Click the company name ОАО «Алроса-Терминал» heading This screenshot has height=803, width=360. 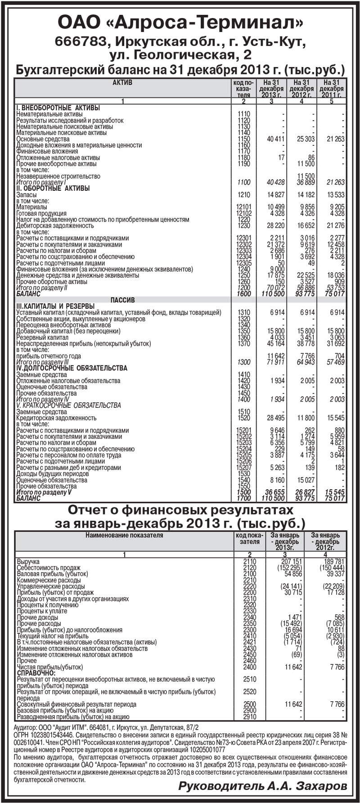[x=180, y=22]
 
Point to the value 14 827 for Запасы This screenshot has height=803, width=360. [x=276, y=195]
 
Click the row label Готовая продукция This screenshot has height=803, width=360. [x=41, y=213]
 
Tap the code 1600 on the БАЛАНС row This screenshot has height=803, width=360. [x=243, y=294]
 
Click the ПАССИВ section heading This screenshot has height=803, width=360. [x=122, y=300]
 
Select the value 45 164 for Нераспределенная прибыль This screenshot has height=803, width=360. [x=276, y=343]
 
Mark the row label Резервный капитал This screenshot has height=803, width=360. [x=42, y=337]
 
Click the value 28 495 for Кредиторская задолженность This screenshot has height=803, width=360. [x=276, y=418]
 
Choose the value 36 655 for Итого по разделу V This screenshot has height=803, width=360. [x=275, y=492]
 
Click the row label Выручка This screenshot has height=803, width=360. [x=28, y=562]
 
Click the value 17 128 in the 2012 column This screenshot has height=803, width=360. [x=334, y=593]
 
